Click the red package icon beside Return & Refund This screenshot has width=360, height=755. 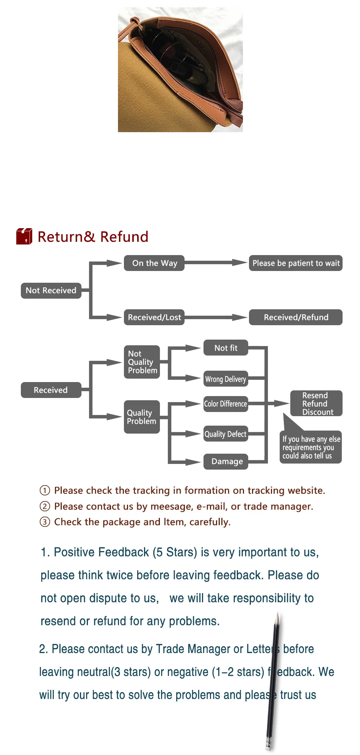[x=24, y=236]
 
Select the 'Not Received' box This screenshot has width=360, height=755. [x=51, y=291]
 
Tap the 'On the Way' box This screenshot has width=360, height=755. [x=154, y=263]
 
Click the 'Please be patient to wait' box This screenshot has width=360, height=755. [x=296, y=263]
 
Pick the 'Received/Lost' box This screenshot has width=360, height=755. [x=154, y=317]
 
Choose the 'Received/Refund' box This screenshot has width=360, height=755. [x=296, y=317]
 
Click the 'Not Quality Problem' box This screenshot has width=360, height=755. [x=142, y=362]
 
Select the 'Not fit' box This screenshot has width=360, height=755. [x=226, y=348]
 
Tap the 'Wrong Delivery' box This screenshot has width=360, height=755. [x=226, y=379]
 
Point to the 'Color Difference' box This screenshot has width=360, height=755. [x=226, y=404]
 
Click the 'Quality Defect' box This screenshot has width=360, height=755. [x=226, y=434]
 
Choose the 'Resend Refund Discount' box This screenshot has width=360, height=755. [x=316, y=403]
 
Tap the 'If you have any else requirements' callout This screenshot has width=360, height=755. [x=311, y=447]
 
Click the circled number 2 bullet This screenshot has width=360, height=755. [x=45, y=506]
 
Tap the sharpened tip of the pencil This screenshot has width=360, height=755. [x=278, y=614]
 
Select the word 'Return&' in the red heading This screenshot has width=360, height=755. [x=66, y=237]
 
